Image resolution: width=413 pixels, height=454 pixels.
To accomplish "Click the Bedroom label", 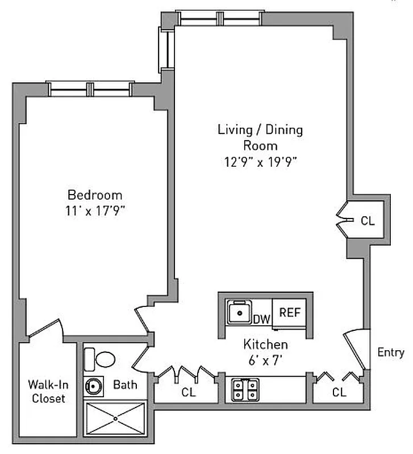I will [95, 194].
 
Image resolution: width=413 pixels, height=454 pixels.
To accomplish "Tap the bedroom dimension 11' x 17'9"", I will [95, 210].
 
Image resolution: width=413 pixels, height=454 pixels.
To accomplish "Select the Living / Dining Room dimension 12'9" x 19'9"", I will [260, 162].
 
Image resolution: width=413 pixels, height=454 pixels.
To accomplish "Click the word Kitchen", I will [265, 344].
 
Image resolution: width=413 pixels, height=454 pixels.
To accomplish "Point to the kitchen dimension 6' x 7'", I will [265, 359].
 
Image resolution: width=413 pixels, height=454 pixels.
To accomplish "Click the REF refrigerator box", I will [289, 313].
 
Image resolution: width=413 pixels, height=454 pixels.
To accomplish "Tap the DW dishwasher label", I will [261, 320].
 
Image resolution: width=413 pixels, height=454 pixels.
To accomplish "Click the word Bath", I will [125, 385].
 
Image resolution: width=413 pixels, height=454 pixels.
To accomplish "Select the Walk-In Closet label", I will [47, 392].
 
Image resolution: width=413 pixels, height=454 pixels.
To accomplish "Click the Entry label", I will [391, 352].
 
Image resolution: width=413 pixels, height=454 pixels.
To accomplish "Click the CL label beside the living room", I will [368, 221].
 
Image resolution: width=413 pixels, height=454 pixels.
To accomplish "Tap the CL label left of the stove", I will [187, 392].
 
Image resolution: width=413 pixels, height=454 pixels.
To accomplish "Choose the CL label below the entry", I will [339, 392].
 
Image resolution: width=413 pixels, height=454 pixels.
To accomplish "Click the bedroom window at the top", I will [90, 89].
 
